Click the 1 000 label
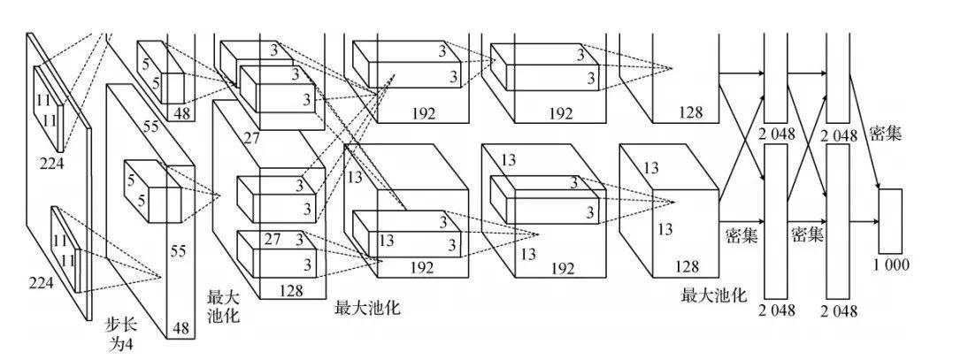[x=890, y=264]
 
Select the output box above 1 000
[x=889, y=220]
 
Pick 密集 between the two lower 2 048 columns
[x=808, y=234]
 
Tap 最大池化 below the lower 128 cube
[x=713, y=294]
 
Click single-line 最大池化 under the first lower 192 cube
[x=367, y=308]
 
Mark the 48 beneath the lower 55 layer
[x=181, y=328]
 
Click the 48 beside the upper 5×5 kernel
[x=182, y=113]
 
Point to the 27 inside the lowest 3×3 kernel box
[x=273, y=238]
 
